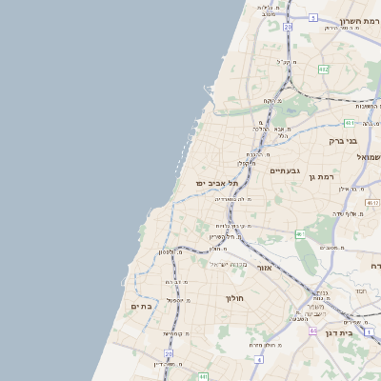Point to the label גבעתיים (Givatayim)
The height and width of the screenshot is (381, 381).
click(285, 171)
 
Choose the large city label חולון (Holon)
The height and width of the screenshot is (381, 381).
click(235, 298)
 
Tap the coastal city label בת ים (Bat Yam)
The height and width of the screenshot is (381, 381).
click(141, 306)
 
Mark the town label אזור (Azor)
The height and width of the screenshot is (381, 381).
click(265, 269)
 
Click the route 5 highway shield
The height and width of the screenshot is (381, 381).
click(312, 17)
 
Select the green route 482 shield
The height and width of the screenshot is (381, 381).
click(324, 69)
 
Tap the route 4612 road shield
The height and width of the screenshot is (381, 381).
click(371, 202)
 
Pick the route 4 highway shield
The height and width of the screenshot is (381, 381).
click(258, 359)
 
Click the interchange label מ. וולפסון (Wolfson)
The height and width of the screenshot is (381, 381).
click(170, 251)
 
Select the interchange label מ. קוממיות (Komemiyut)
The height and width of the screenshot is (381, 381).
click(178, 333)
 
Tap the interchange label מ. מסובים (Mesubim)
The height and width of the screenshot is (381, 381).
click(331, 248)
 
